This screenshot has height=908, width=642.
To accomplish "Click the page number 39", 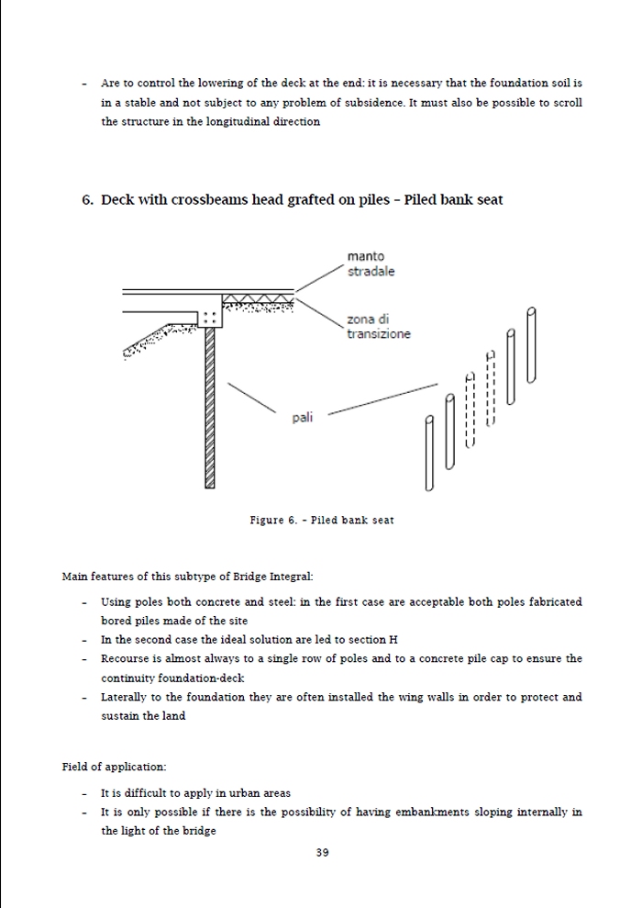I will [x=322, y=852].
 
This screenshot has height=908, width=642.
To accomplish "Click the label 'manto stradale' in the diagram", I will [x=371, y=263].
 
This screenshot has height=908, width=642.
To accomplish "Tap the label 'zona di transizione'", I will [x=378, y=326].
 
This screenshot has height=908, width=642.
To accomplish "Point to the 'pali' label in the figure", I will [x=303, y=418].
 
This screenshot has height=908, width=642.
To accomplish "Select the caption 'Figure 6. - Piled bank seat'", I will [x=321, y=521].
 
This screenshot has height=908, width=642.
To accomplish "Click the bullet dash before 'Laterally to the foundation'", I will [x=83, y=698].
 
